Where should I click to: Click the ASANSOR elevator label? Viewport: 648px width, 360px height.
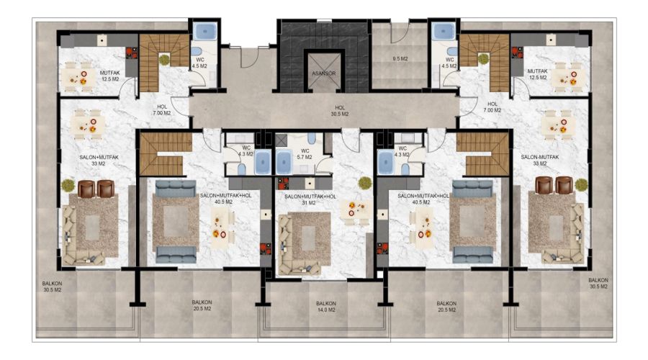pyautogui.click(x=323, y=73)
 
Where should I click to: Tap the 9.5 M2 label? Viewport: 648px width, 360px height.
pyautogui.click(x=400, y=59)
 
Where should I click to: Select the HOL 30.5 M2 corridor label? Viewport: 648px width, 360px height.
pyautogui.click(x=340, y=111)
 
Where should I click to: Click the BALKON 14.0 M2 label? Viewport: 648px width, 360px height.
pyautogui.click(x=326, y=306)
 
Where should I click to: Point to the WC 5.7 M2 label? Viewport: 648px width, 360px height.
pyautogui.click(x=305, y=154)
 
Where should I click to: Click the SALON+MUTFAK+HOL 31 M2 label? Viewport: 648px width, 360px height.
pyautogui.click(x=310, y=199)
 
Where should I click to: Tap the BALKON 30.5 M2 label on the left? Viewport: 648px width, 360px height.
pyautogui.click(x=52, y=287)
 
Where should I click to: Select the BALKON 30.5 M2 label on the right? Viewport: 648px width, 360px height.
pyautogui.click(x=598, y=283)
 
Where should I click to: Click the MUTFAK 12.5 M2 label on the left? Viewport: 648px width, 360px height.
pyautogui.click(x=109, y=76)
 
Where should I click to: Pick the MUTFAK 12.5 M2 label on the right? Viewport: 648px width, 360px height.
pyautogui.click(x=537, y=74)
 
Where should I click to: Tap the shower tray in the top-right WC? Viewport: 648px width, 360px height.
pyautogui.click(x=444, y=31)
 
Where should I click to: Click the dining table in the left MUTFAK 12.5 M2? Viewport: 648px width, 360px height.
pyautogui.click(x=79, y=77)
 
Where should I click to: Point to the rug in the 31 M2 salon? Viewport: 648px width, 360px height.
pyautogui.click(x=309, y=238)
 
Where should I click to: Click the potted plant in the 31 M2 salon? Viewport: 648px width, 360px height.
pyautogui.click(x=364, y=183)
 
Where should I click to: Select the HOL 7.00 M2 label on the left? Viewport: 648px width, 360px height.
pyautogui.click(x=161, y=109)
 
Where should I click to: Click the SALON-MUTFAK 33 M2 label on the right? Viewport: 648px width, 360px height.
pyautogui.click(x=540, y=160)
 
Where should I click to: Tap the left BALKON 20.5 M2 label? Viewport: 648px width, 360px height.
pyautogui.click(x=202, y=305)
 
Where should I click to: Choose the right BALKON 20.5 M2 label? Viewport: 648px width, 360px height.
pyautogui.click(x=446, y=306)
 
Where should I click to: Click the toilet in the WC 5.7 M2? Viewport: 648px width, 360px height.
pyautogui.click(x=312, y=138)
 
